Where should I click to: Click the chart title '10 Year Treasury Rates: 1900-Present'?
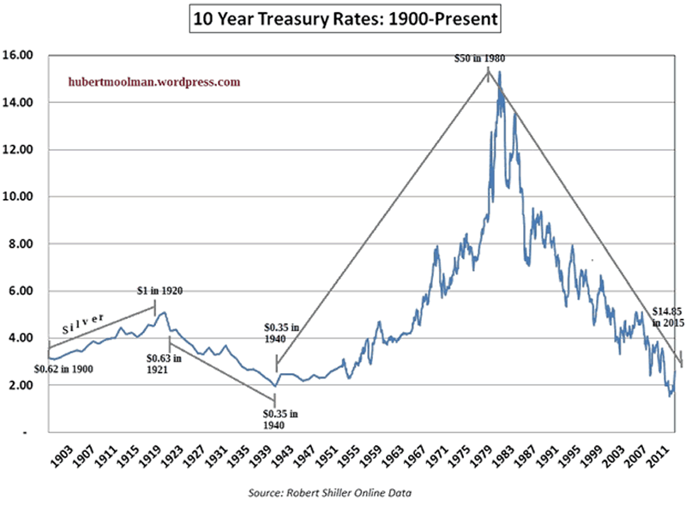(344, 17)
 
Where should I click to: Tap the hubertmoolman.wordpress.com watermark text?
(153, 82)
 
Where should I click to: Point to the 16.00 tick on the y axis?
(20, 56)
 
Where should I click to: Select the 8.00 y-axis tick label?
(21, 244)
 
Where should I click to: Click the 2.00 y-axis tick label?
(21, 386)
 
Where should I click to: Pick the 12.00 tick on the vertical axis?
(20, 150)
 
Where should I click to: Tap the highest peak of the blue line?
(499, 72)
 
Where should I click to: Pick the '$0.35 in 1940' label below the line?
(280, 419)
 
